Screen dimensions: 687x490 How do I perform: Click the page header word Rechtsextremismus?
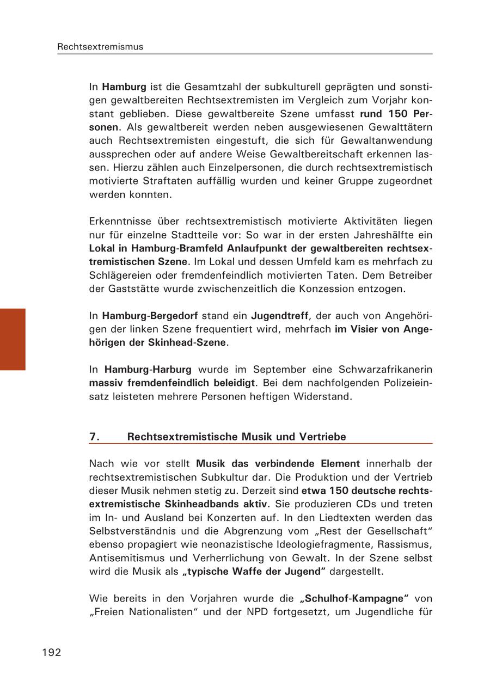(x=100, y=47)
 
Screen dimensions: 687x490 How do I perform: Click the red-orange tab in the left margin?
(x=13, y=339)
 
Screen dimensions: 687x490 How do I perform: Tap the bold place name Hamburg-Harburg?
(x=148, y=369)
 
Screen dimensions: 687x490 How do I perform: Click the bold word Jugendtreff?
(x=279, y=315)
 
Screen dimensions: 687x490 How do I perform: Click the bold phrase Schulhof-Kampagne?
(x=354, y=598)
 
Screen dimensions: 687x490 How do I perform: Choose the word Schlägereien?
(x=119, y=275)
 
